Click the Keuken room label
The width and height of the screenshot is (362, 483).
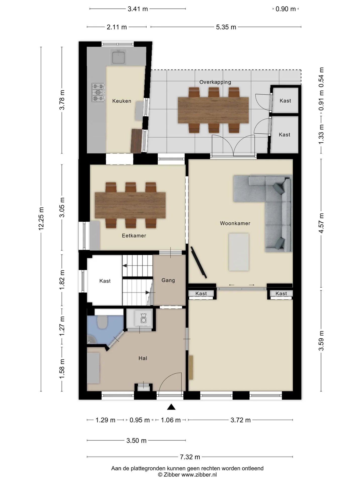(x=122, y=101)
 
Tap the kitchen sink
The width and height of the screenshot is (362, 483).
(x=118, y=57)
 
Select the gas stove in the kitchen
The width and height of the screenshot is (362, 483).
(x=98, y=93)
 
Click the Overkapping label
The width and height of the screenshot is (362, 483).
(x=215, y=82)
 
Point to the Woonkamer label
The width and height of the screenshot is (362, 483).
(x=235, y=223)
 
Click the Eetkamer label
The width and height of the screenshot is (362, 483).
(x=134, y=236)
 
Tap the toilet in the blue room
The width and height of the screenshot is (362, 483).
(x=102, y=322)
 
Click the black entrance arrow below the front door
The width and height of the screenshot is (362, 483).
(x=171, y=407)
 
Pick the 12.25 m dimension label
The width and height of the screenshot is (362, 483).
(x=41, y=218)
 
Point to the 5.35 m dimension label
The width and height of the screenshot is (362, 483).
(x=226, y=27)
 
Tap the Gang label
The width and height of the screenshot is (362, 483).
(x=168, y=280)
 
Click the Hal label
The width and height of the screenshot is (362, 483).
(x=143, y=358)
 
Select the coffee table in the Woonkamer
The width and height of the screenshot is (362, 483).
(x=239, y=252)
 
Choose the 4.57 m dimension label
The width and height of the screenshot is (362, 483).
(x=321, y=223)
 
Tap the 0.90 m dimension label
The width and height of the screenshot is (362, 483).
(x=286, y=9)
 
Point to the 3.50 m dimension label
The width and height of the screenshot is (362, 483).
(x=136, y=440)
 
